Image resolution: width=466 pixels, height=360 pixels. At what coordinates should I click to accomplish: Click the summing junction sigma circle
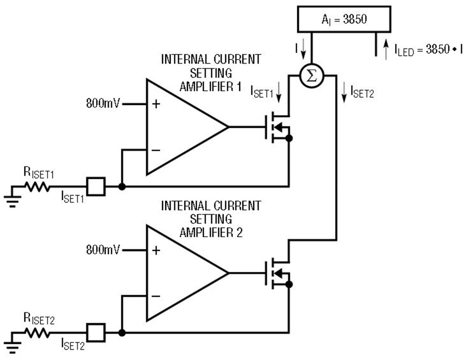click(312, 76)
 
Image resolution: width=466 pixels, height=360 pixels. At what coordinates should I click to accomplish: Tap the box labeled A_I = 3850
click(344, 19)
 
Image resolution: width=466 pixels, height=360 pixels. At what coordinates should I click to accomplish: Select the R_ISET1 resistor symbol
click(37, 187)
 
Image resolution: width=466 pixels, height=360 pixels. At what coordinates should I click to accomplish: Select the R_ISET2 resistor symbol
click(37, 333)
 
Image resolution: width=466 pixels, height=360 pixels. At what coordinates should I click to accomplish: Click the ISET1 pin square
click(96, 186)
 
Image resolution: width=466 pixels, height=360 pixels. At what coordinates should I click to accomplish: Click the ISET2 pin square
click(96, 333)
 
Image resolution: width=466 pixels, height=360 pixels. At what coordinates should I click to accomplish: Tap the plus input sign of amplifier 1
click(156, 104)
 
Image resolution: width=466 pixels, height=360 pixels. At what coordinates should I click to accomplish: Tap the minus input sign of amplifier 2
click(156, 296)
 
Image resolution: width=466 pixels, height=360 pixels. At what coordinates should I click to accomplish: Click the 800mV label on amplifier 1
click(103, 103)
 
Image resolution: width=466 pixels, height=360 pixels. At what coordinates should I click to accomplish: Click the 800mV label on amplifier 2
click(103, 250)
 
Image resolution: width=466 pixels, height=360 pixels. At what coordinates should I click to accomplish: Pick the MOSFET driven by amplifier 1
click(278, 127)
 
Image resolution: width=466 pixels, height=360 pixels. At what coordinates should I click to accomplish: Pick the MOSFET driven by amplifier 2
click(278, 273)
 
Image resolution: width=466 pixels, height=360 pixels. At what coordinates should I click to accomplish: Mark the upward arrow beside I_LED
click(386, 50)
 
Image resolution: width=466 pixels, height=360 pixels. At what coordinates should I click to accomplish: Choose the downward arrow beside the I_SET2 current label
click(344, 93)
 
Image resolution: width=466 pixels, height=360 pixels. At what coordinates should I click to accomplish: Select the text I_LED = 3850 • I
click(429, 50)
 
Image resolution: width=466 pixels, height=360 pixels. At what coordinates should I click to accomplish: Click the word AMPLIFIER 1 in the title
click(210, 87)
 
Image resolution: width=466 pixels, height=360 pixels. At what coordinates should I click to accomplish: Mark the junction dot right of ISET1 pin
click(122, 187)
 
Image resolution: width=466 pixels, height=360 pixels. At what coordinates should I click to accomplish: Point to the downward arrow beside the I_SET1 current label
click(279, 92)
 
